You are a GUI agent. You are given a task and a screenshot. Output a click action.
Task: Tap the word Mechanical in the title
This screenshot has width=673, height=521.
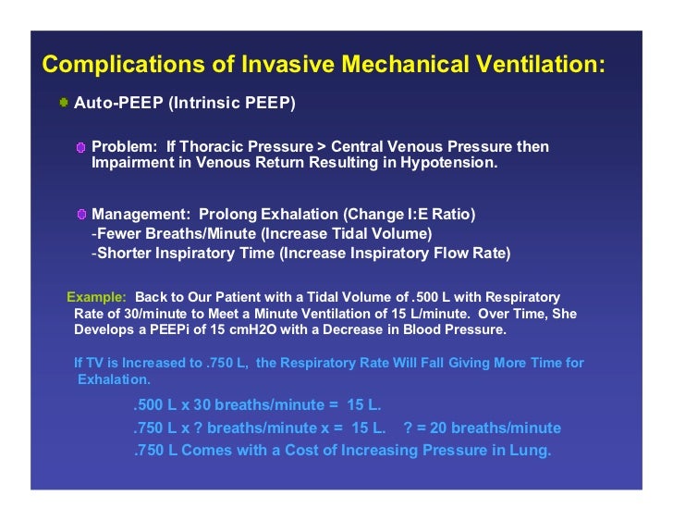coord(400,66)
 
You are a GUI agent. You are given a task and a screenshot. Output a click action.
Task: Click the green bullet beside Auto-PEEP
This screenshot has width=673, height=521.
coord(62,102)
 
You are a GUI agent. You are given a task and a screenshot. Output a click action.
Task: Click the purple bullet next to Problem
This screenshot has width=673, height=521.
coord(81,148)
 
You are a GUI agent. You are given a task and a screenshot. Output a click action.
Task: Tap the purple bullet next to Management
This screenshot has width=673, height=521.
coord(81,215)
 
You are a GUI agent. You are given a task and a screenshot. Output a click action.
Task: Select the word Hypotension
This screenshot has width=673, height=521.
coord(448,163)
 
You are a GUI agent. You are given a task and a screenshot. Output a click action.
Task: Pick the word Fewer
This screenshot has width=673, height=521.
coord(118,234)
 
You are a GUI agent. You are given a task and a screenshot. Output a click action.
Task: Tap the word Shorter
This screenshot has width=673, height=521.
coord(123,253)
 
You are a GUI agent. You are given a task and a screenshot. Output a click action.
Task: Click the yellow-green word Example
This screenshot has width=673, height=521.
coord(96,298)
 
